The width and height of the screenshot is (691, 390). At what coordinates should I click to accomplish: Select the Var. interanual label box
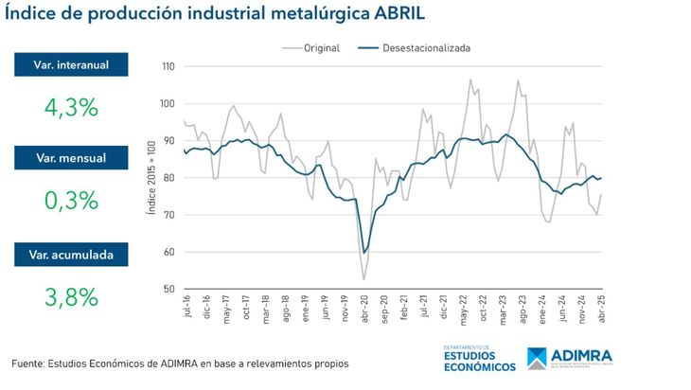[x=71, y=63]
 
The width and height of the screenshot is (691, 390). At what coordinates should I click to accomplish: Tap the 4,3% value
[x=71, y=106]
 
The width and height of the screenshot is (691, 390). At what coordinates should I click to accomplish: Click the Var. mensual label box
[x=71, y=158]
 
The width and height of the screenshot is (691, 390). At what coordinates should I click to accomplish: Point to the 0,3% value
[x=71, y=200]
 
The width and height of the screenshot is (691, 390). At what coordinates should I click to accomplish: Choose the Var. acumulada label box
[x=71, y=254]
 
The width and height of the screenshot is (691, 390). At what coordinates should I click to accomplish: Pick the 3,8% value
[x=71, y=295]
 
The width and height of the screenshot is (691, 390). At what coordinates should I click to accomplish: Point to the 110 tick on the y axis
[x=168, y=66]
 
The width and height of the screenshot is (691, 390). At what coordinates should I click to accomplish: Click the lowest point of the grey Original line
[x=364, y=279]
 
